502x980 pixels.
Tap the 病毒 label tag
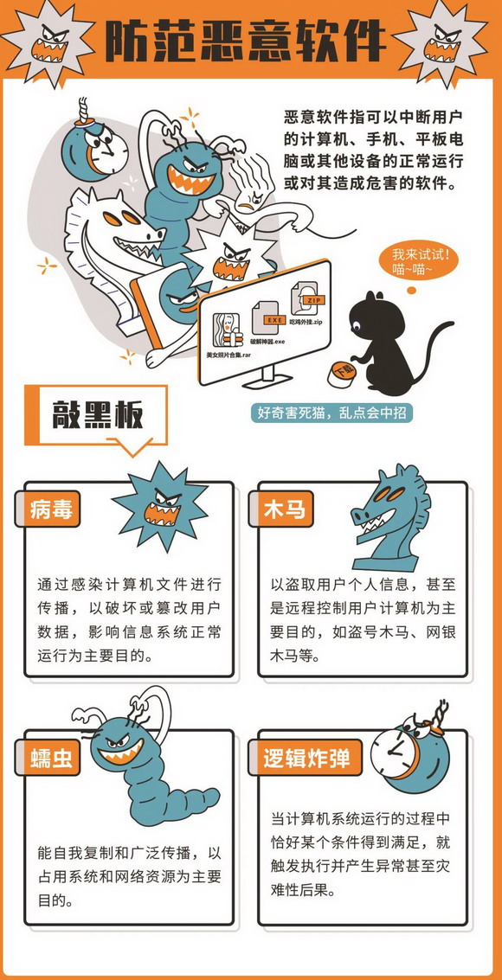click(x=51, y=509)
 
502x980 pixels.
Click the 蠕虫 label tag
click(x=51, y=758)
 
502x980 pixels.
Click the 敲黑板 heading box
click(x=95, y=416)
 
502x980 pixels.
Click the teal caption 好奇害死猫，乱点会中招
click(x=334, y=413)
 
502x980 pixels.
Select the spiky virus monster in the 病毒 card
click(x=161, y=507)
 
